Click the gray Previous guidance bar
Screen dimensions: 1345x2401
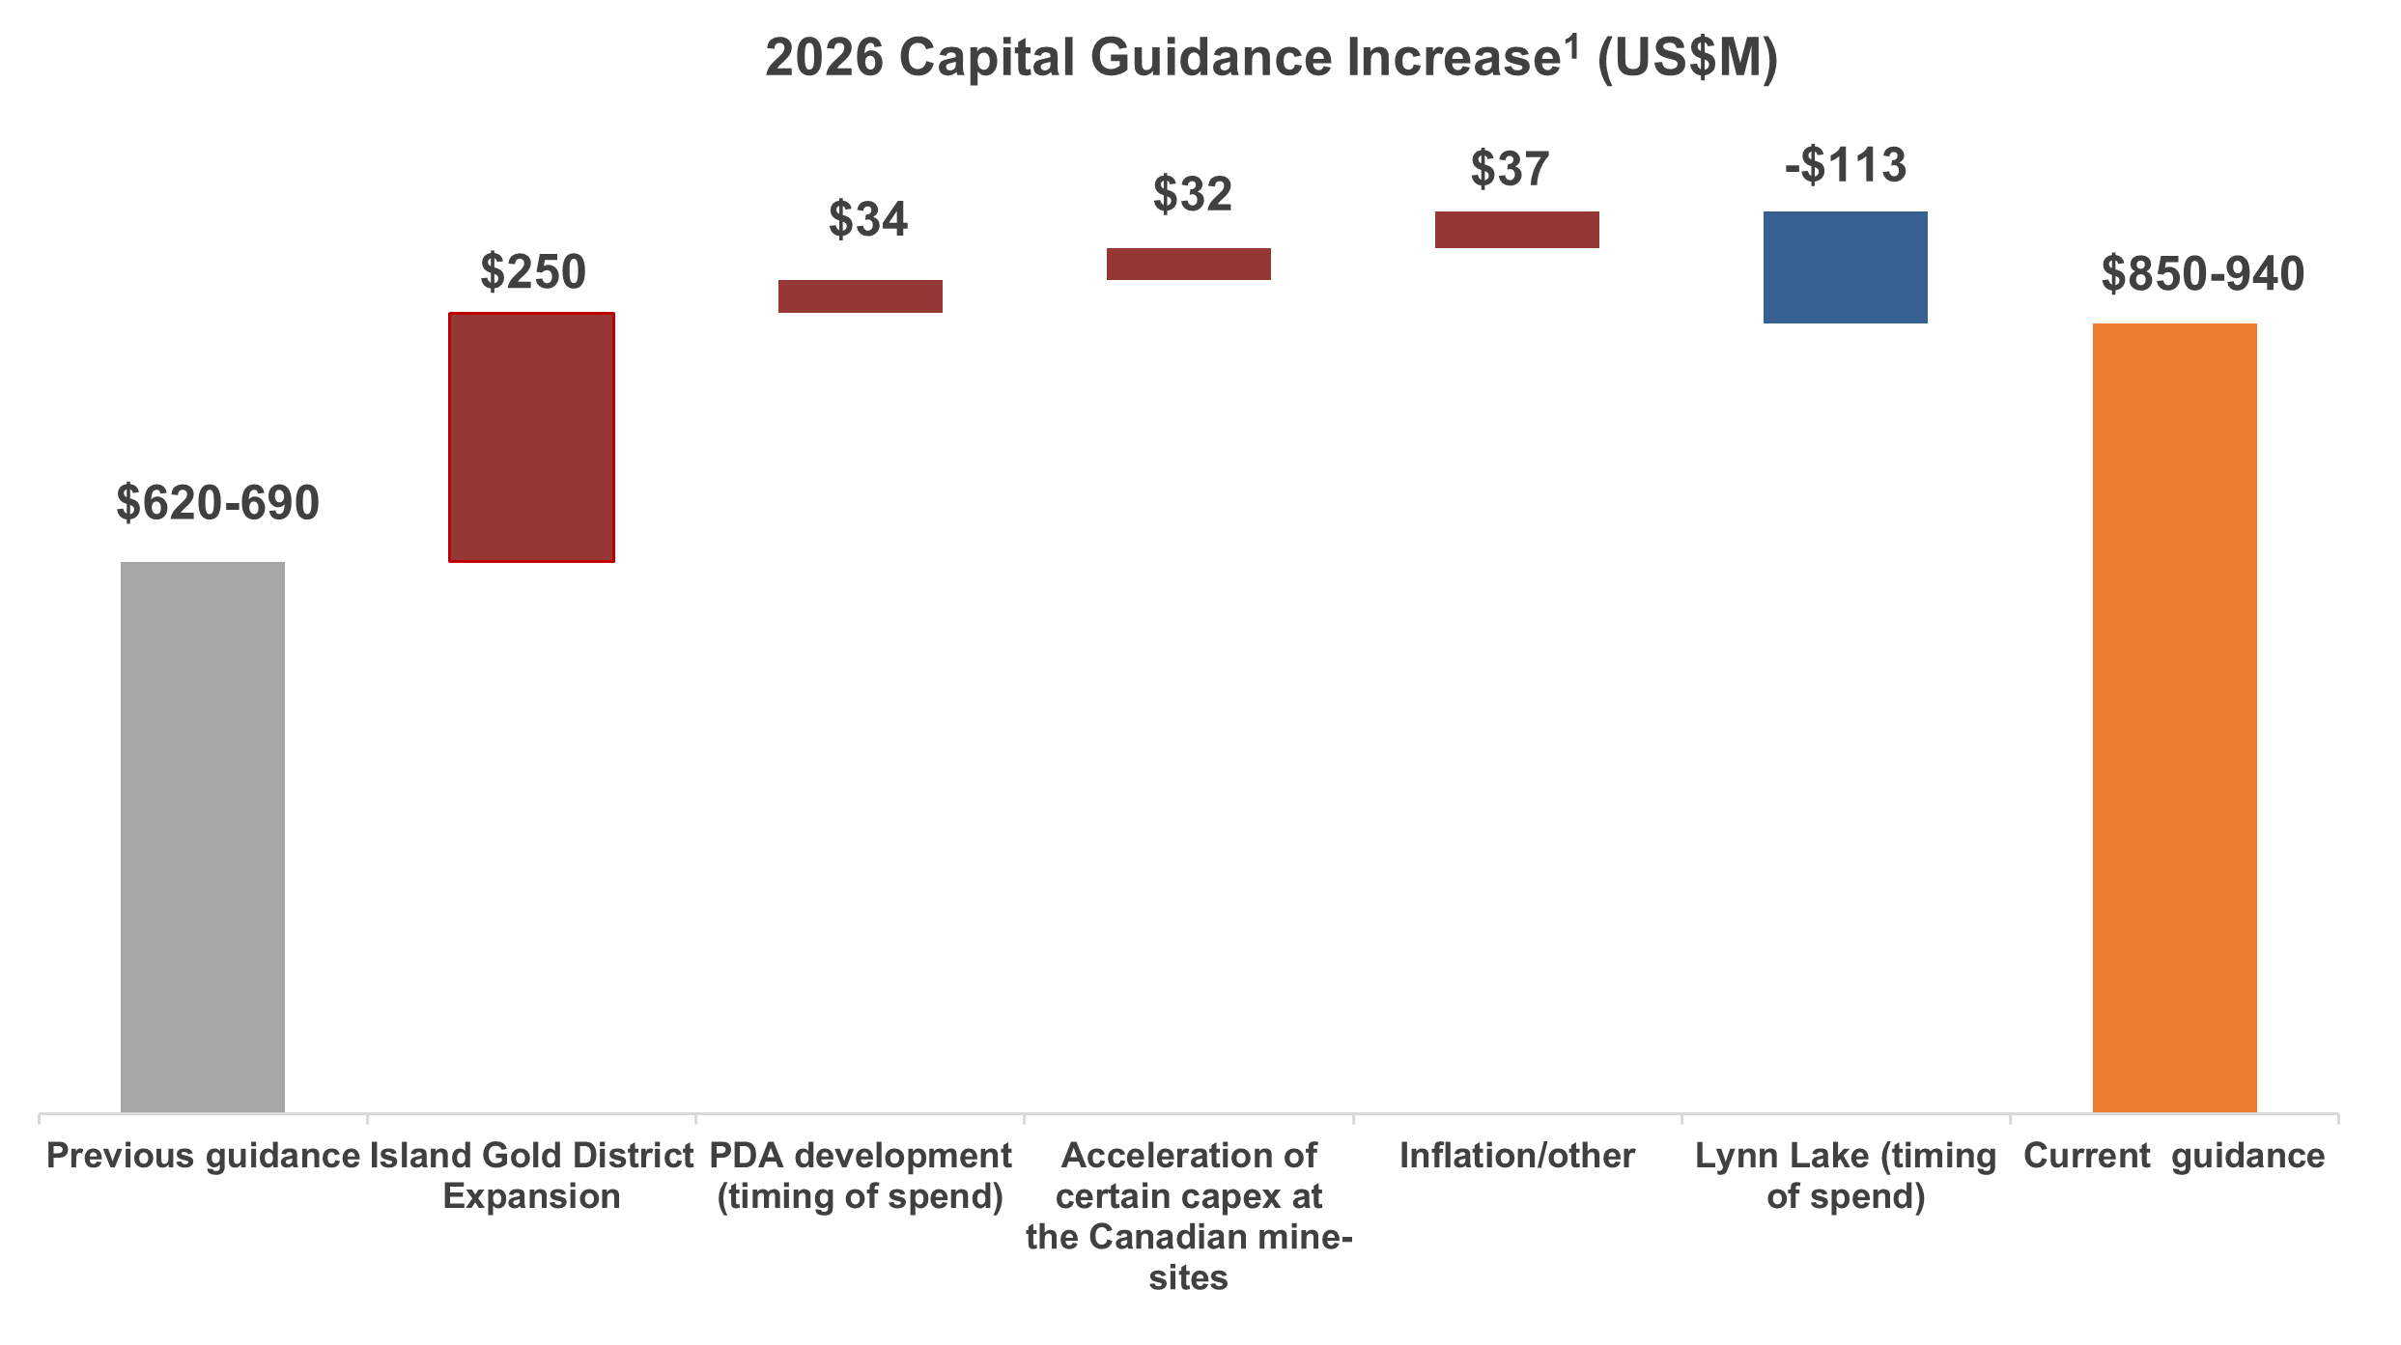pyautogui.click(x=203, y=836)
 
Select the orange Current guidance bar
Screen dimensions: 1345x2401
pyautogui.click(x=2174, y=717)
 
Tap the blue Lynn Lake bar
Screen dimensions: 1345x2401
pyautogui.click(x=1845, y=267)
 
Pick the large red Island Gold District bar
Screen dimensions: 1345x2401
pyautogui.click(x=531, y=436)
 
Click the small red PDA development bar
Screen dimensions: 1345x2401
pyautogui.click(x=860, y=296)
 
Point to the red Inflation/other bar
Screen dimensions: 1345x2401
pyautogui.click(x=1516, y=230)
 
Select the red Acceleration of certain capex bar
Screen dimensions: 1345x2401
pyautogui.click(x=1188, y=264)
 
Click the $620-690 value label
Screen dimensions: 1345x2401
pyautogui.click(x=217, y=503)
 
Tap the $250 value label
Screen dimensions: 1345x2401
pyautogui.click(x=532, y=271)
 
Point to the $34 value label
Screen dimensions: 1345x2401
pyautogui.click(x=867, y=219)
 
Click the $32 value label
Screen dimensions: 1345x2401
pyautogui.click(x=1192, y=194)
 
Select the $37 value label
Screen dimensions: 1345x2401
pyautogui.click(x=1509, y=169)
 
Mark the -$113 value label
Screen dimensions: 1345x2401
pyautogui.click(x=1845, y=165)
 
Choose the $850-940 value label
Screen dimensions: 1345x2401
pyautogui.click(x=2202, y=274)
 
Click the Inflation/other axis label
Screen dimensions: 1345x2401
pyautogui.click(x=1516, y=1156)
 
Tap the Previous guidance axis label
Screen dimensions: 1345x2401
pyautogui.click(x=203, y=1156)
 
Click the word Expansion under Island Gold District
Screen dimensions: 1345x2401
pyautogui.click(x=531, y=1197)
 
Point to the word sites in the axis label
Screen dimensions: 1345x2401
pyautogui.click(x=1188, y=1278)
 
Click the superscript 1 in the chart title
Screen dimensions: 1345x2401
pyautogui.click(x=1572, y=45)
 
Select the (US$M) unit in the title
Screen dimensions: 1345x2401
pyautogui.click(x=1686, y=58)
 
